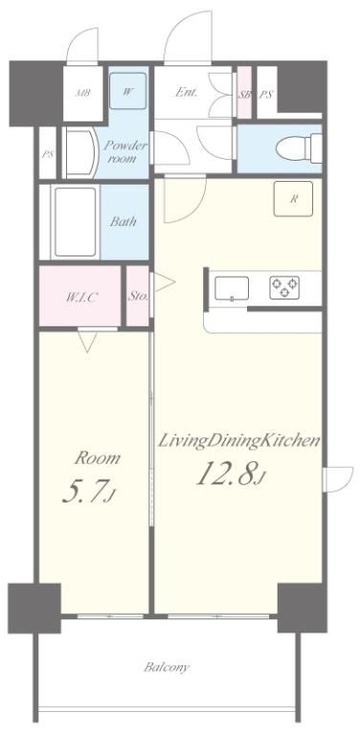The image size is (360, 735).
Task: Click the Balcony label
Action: coord(167,667)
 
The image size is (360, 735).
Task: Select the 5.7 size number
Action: coord(89,492)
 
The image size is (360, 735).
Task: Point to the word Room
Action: coord(97,458)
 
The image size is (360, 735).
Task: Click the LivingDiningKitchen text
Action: coord(238,440)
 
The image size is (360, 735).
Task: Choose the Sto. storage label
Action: coord(138,297)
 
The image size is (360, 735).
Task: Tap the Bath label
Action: coord(124,221)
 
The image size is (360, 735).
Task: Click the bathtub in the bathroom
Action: coord(75,222)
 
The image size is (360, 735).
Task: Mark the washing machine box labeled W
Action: coord(128,91)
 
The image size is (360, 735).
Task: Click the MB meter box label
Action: coord(83,92)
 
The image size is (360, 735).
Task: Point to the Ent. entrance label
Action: coord(186,92)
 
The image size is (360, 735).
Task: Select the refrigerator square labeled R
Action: coord(293,199)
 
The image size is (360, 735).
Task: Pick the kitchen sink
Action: coord(232,288)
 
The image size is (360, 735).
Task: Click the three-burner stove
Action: coord(284,287)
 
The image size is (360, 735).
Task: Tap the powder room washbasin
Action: coord(79,153)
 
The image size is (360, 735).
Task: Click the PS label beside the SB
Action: coord(266,95)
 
